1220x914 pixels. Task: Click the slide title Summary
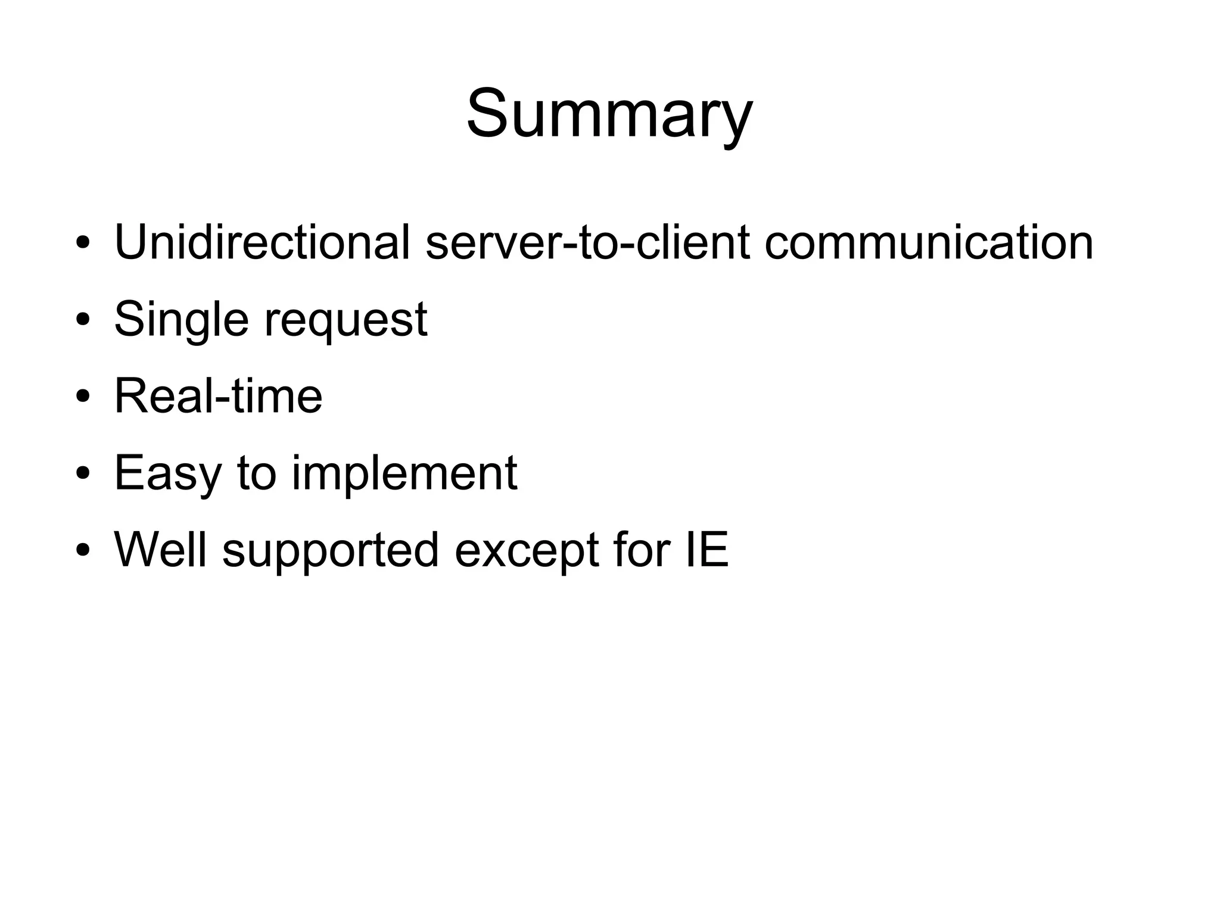pyautogui.click(x=609, y=114)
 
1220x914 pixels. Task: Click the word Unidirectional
pyautogui.click(x=262, y=242)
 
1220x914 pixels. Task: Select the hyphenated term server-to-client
pyautogui.click(x=587, y=242)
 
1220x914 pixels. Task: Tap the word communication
pyautogui.click(x=928, y=242)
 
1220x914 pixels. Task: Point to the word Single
pyautogui.click(x=181, y=320)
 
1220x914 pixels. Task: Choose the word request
pyautogui.click(x=346, y=322)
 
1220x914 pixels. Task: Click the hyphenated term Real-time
pyautogui.click(x=218, y=396)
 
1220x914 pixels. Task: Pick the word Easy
pyautogui.click(x=169, y=474)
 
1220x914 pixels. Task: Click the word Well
pyautogui.click(x=160, y=550)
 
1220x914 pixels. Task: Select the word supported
pyautogui.click(x=331, y=551)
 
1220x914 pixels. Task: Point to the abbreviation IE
pyautogui.click(x=707, y=550)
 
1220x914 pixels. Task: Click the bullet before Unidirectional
pyautogui.click(x=83, y=244)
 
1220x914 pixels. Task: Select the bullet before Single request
pyautogui.click(x=83, y=320)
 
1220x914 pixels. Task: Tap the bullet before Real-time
pyautogui.click(x=83, y=397)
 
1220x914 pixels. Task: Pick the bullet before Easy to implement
pyautogui.click(x=83, y=474)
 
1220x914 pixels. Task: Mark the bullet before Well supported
pyautogui.click(x=83, y=550)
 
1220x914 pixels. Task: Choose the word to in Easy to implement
pyautogui.click(x=257, y=474)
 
